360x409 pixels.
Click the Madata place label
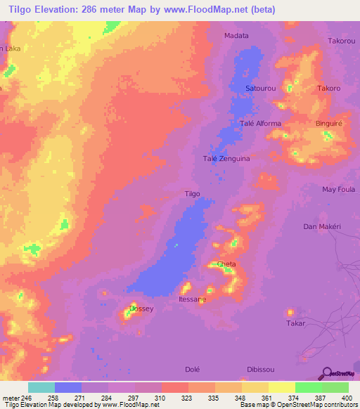coord(236,35)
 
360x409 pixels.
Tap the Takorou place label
coord(341,41)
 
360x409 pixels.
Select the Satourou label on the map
coord(260,89)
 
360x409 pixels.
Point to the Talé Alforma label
coord(261,124)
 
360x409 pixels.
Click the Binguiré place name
coord(328,123)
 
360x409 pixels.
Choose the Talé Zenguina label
coord(226,159)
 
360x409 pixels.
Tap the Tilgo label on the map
coord(192,194)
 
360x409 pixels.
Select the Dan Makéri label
coord(321,226)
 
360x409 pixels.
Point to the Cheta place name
coord(226,264)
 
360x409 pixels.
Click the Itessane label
coord(193,299)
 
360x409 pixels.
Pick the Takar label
coord(295,323)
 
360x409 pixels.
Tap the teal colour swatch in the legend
coord(41,387)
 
